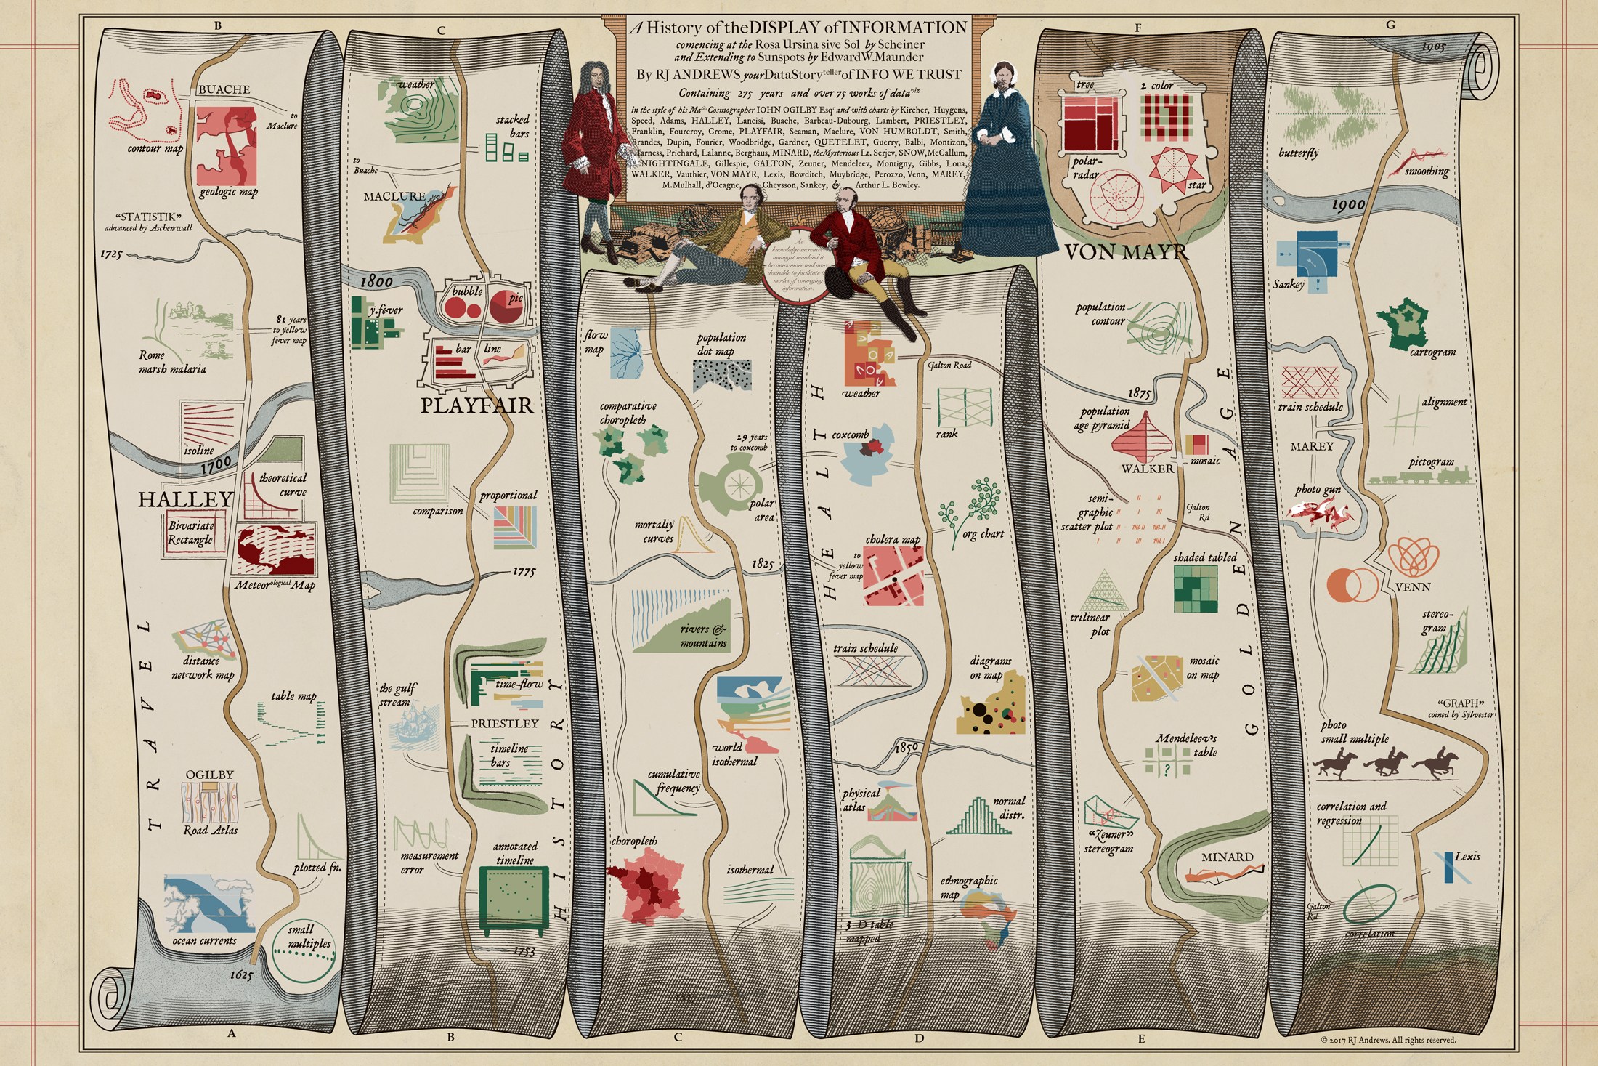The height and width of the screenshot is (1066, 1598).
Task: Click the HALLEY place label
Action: (x=185, y=499)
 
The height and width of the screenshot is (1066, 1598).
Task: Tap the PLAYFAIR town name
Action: (x=477, y=405)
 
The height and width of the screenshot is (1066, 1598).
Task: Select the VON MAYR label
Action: (x=1126, y=252)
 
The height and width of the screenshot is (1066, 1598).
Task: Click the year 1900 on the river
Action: (x=1347, y=206)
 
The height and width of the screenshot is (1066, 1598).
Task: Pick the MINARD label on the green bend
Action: (x=1227, y=857)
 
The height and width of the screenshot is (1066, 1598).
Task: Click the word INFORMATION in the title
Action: (x=900, y=28)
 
